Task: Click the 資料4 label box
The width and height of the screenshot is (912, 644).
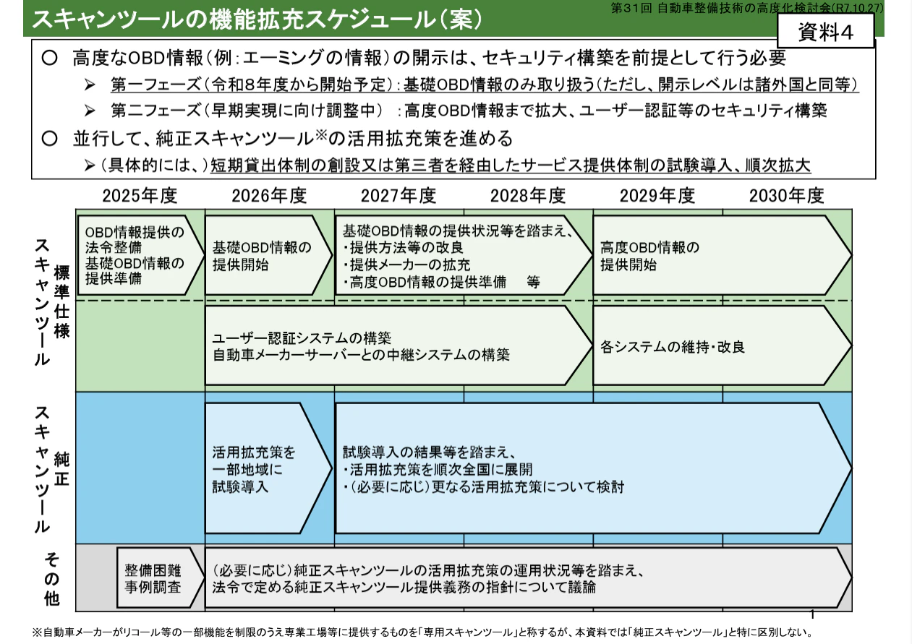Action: pos(825,33)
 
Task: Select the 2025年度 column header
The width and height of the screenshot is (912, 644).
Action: pos(140,196)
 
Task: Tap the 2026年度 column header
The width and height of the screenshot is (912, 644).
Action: pos(269,196)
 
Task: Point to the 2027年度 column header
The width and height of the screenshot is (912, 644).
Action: pos(399,196)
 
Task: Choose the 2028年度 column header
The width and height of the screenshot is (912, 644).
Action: pos(528,196)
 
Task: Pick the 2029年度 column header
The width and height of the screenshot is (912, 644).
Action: pos(657,196)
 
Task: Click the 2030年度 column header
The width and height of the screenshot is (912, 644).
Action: pos(787,196)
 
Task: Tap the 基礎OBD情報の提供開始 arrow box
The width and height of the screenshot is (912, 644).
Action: pos(265,255)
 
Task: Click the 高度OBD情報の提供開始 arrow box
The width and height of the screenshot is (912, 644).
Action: pos(716,255)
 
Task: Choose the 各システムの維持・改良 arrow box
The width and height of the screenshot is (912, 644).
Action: pos(716,345)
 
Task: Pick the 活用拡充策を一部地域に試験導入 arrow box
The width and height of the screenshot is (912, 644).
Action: pos(265,468)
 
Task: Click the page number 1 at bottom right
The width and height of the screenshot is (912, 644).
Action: pos(813,615)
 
